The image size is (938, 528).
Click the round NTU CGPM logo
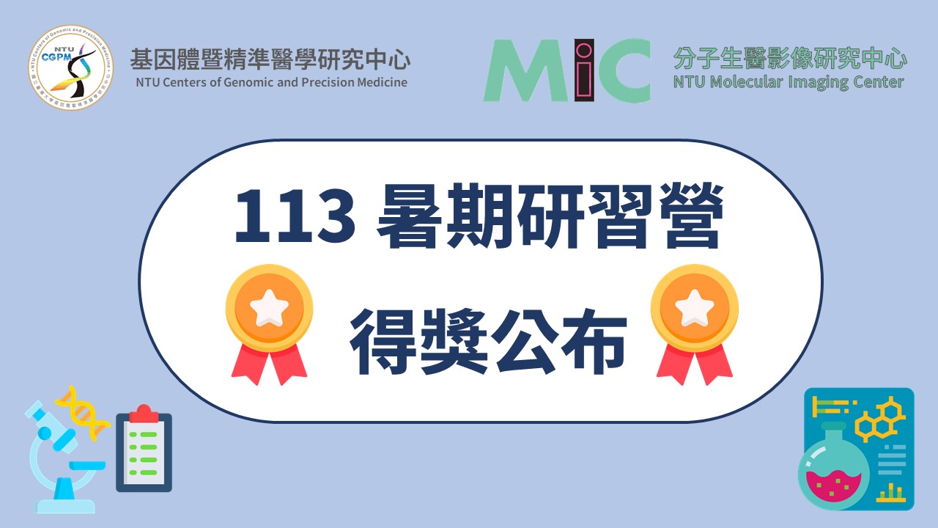71,67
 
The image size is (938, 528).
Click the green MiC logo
567,70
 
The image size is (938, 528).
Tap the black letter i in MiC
584,70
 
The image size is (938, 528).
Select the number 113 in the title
295,216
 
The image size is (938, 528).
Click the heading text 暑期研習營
551,216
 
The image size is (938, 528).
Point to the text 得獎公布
488,341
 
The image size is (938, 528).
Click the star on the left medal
269,307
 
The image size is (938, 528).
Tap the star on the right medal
694,307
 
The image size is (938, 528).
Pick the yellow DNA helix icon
83,413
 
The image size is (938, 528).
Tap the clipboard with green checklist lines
144,448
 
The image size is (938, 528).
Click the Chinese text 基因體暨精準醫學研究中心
270,59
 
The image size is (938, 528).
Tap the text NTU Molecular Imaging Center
789,82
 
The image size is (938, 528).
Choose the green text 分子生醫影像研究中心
790,58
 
